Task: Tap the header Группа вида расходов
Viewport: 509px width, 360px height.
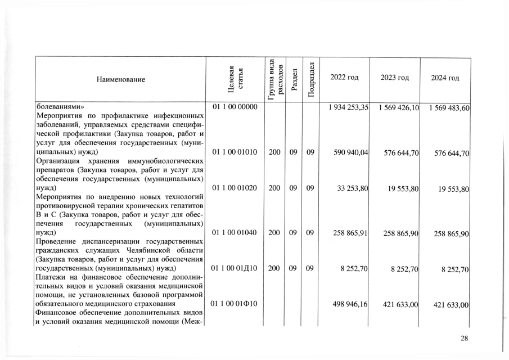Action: click(x=274, y=79)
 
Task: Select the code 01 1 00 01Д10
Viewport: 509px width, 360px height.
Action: click(x=235, y=269)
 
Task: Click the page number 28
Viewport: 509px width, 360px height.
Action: click(x=464, y=338)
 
